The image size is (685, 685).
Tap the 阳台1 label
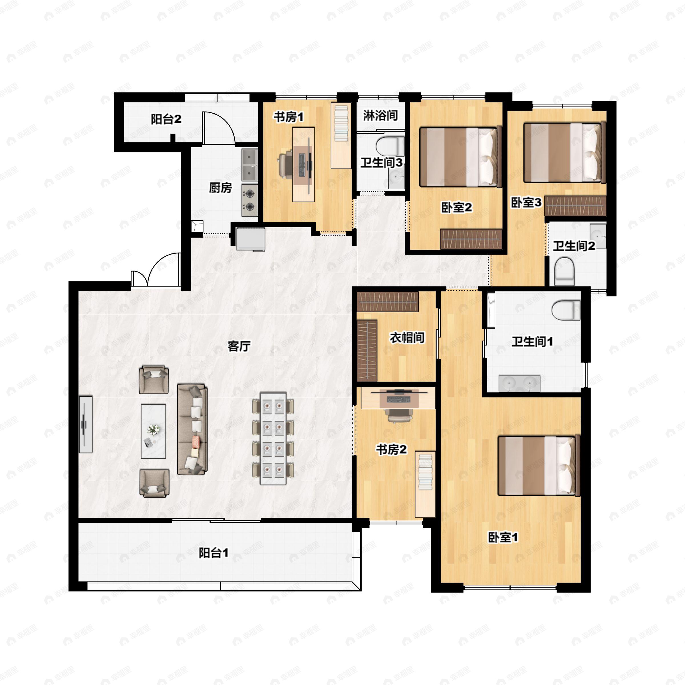(213, 553)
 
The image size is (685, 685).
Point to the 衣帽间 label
(407, 338)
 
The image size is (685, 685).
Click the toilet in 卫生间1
(566, 310)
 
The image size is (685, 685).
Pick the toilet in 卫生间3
(390, 146)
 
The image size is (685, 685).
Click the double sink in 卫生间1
(519, 384)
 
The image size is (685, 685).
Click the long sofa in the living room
(192, 429)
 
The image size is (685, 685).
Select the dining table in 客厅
(273, 438)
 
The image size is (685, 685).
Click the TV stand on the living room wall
(85, 424)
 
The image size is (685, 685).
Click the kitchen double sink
(250, 164)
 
